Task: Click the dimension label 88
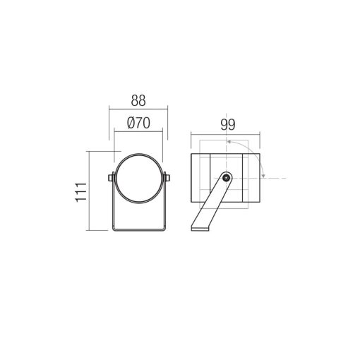[x=138, y=100]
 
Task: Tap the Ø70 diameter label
[x=138, y=123]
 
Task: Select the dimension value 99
[x=228, y=125]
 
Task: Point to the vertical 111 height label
[x=81, y=192]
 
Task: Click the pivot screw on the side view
[x=226, y=178]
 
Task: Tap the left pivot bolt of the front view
[x=111, y=178]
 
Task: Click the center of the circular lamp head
[x=138, y=179]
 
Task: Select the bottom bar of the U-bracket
[x=139, y=229]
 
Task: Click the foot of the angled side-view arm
[x=200, y=229]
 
